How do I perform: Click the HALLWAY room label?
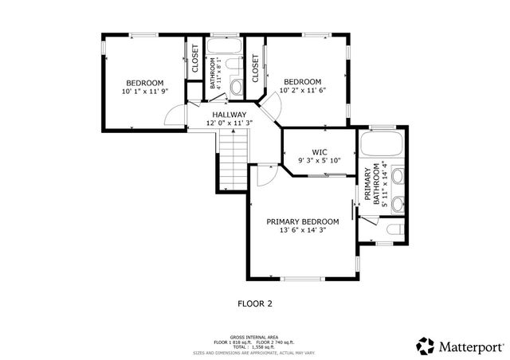(x=229, y=115)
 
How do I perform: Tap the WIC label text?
(x=319, y=151)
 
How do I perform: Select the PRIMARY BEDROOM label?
(x=303, y=221)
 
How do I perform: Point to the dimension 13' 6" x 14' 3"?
(x=303, y=231)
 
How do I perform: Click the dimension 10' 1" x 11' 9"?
(x=144, y=92)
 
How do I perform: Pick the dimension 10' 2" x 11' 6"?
(x=303, y=92)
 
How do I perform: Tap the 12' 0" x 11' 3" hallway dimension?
(x=229, y=123)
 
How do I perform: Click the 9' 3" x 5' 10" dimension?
(x=319, y=160)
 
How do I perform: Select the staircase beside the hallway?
(x=233, y=159)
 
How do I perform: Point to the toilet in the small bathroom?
(x=237, y=87)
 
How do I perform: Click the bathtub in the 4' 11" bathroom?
(x=226, y=65)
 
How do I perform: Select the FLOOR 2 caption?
(x=255, y=303)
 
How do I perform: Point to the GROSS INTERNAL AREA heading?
(x=255, y=337)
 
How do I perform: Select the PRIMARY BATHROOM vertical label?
(x=368, y=185)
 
